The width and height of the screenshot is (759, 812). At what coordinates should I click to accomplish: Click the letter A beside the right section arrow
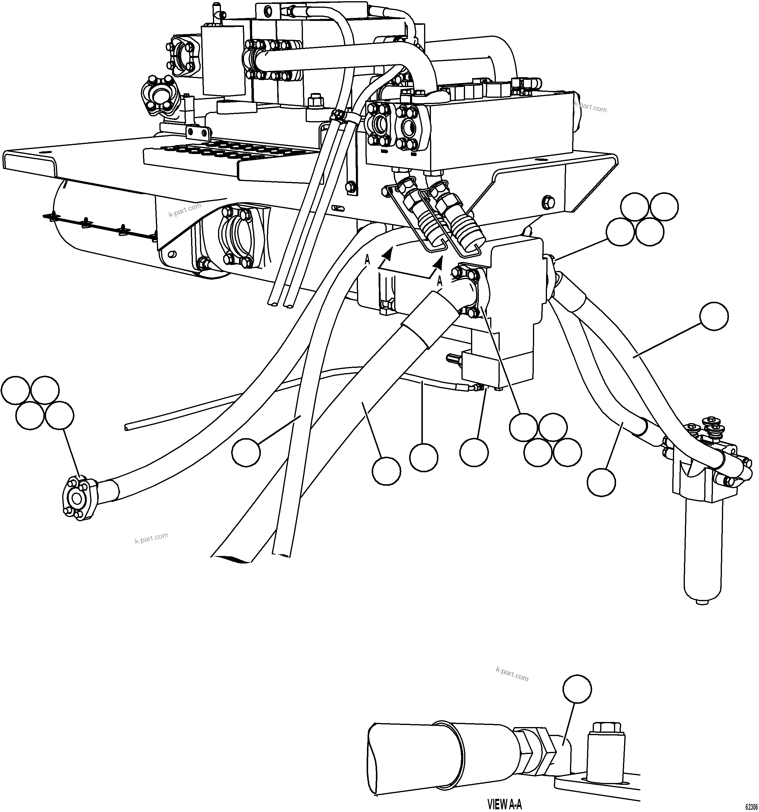[440, 281]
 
